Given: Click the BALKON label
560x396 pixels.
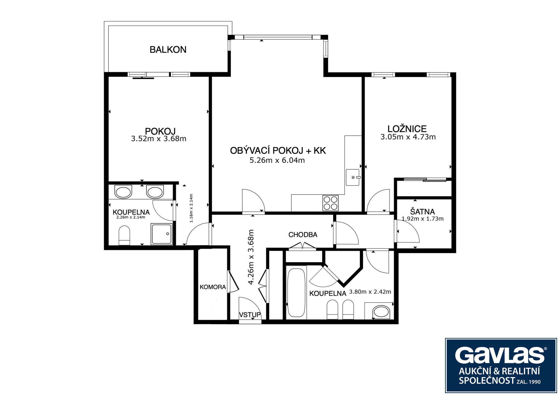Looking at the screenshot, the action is pos(168,50).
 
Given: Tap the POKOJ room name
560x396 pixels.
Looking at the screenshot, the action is pos(160,131).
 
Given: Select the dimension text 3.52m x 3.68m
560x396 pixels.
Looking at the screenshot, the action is pos(159,139).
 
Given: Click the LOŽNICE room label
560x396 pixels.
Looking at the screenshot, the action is pos(407,129).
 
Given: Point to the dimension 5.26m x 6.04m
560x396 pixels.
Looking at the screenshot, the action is pos(277,160).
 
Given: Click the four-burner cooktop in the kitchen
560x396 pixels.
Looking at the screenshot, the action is pos(330,203).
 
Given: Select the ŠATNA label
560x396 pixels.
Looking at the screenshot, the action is pos(422,211).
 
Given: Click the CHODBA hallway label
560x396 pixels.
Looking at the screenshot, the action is pos(303,235).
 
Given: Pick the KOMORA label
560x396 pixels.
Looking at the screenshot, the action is pos(213,287).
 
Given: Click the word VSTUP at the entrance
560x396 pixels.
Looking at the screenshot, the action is pos(250,315).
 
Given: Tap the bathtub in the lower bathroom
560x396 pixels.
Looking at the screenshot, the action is pos(296,292).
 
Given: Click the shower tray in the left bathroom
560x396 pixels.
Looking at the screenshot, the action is pos(162,234).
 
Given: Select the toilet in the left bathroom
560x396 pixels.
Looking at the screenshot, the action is pos(124,235).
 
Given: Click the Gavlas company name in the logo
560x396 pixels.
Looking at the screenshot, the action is pos(500,355).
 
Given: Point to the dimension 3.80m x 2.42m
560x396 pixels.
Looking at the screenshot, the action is pos(370,292).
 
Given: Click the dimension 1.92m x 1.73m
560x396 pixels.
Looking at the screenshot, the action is pos(423,219).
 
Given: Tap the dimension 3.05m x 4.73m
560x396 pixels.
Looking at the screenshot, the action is pos(408,137).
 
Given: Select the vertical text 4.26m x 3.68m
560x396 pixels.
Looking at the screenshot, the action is pos(251,257).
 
